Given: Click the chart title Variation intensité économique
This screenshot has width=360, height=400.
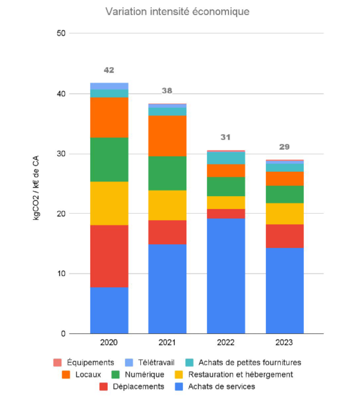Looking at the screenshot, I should [177, 12].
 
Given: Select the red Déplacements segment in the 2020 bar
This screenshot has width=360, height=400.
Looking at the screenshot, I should [109, 256].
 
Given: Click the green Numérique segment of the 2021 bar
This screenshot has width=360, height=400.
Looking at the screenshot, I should [167, 173].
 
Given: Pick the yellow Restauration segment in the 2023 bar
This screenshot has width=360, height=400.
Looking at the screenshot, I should [285, 213].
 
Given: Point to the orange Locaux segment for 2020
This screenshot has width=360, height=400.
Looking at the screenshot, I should [109, 117].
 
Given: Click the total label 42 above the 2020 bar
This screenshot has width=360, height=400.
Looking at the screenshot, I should [109, 70].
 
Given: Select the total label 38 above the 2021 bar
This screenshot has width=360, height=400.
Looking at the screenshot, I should [167, 91].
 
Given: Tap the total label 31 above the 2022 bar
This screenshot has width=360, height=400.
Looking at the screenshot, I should [226, 137].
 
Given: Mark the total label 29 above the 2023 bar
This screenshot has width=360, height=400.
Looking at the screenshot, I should [285, 147].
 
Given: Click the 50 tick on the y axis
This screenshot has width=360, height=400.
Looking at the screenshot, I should [61, 33].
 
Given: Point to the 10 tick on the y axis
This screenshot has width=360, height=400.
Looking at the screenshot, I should [61, 274].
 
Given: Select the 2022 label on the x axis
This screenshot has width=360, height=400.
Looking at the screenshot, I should [226, 343].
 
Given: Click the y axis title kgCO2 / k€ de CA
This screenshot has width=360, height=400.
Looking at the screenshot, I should [37, 184].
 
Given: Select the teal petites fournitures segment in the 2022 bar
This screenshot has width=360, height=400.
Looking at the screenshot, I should [226, 158].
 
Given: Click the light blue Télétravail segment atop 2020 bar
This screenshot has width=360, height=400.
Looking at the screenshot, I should [109, 86].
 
